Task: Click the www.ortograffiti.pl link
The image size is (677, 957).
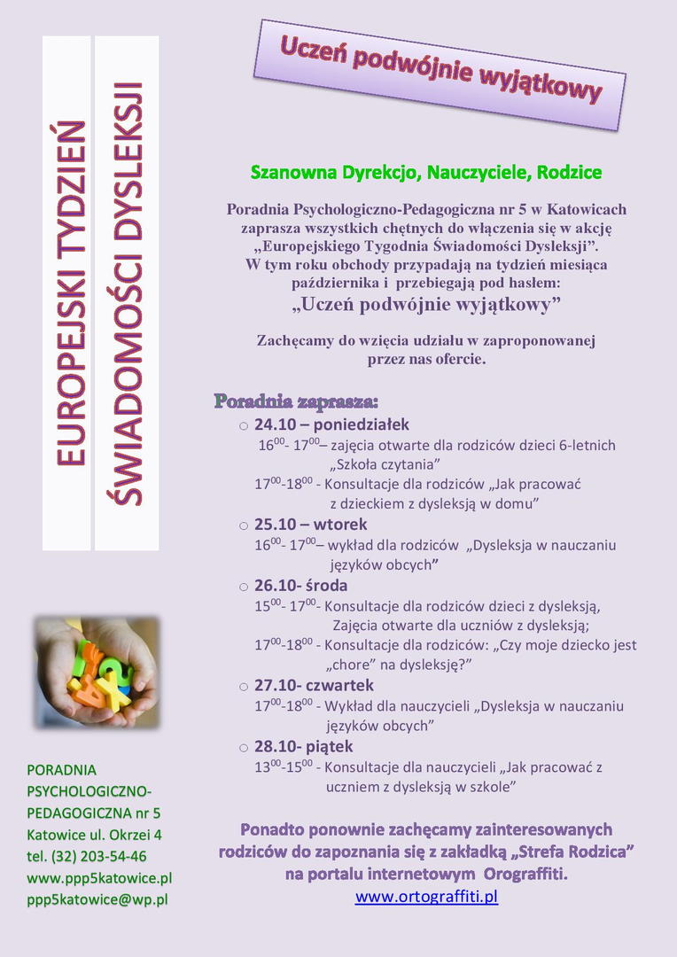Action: (x=426, y=897)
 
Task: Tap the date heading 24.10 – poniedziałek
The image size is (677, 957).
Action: (x=331, y=424)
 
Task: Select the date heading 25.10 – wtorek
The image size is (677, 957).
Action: (x=310, y=525)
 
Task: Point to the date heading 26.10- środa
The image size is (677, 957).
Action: (x=300, y=586)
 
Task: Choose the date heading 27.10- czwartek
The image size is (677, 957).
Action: (x=314, y=686)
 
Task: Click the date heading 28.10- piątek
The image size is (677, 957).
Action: (x=303, y=746)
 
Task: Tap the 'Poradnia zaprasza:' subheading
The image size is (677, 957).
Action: (x=296, y=401)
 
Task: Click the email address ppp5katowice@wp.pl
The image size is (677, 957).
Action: (x=97, y=899)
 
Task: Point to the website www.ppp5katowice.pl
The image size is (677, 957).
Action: (x=99, y=878)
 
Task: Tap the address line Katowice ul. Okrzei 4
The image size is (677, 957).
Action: (x=95, y=835)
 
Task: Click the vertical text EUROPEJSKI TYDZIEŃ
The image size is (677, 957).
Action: (x=70, y=292)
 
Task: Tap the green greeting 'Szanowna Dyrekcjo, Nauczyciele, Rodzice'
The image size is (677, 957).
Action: (x=426, y=172)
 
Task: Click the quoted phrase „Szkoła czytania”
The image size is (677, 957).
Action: (x=385, y=464)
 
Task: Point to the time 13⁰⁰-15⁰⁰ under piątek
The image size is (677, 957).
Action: (x=284, y=767)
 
